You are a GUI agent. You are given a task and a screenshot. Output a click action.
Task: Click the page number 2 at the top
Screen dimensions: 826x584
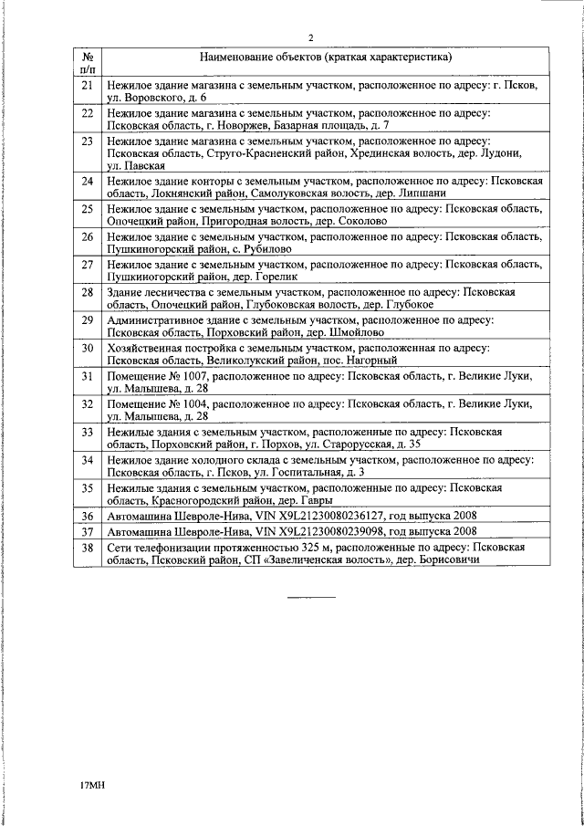pos(311,37)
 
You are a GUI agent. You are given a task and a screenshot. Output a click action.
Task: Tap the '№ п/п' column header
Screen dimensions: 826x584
pos(89,62)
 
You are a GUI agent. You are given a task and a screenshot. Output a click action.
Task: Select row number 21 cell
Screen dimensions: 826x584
pos(89,85)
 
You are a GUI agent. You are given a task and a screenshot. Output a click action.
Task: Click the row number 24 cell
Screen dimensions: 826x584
pos(89,181)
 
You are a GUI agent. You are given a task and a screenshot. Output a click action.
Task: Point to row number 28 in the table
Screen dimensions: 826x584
pos(89,292)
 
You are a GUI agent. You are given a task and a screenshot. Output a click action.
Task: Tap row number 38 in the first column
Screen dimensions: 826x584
pos(89,547)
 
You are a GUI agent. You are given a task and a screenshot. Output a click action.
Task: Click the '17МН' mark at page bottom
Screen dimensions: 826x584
pos(93,784)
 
